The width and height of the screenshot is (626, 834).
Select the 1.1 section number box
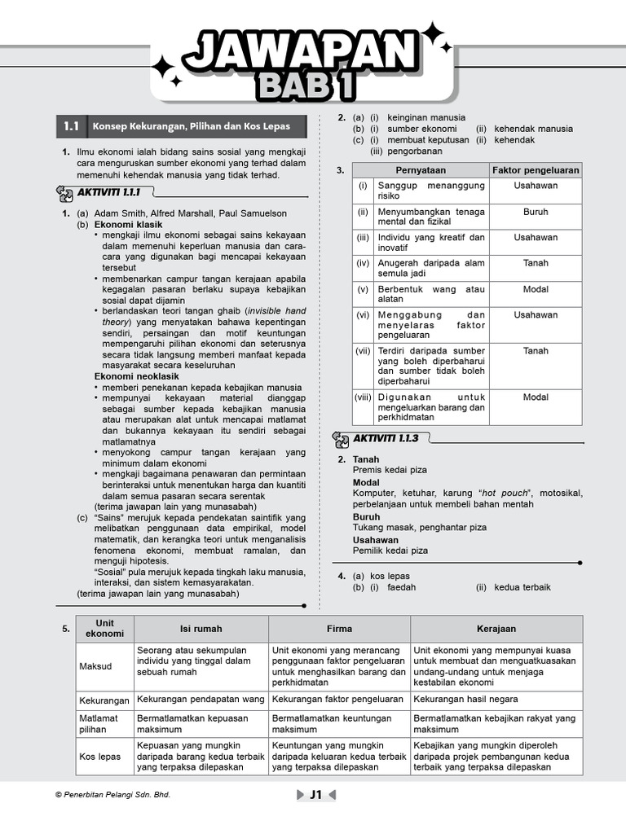pos(71,127)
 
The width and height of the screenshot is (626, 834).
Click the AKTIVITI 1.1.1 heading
pos(109,192)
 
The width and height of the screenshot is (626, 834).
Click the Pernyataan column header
pos(421,170)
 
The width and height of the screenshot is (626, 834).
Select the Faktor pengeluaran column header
pos(536,170)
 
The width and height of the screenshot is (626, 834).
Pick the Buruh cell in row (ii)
pos(536,212)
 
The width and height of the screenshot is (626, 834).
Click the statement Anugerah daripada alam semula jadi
pos(430,268)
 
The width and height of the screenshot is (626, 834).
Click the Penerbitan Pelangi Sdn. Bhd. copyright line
pos(112,795)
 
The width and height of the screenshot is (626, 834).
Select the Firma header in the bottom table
pos(339,629)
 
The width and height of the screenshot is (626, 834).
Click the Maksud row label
pos(95,666)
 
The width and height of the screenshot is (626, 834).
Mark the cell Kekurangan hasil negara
pos(465,700)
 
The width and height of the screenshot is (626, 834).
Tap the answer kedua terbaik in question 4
pos(522,587)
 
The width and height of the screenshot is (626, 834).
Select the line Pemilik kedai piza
pos(390,551)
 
